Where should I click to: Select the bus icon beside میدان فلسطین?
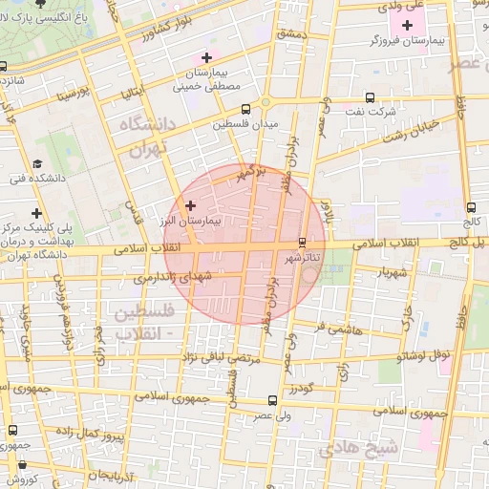tap(247, 109)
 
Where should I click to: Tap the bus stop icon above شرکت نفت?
tap(371, 98)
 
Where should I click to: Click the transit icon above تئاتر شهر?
tap(304, 243)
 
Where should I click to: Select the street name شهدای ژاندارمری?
tap(170, 276)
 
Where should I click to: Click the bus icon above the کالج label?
tap(470, 206)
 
